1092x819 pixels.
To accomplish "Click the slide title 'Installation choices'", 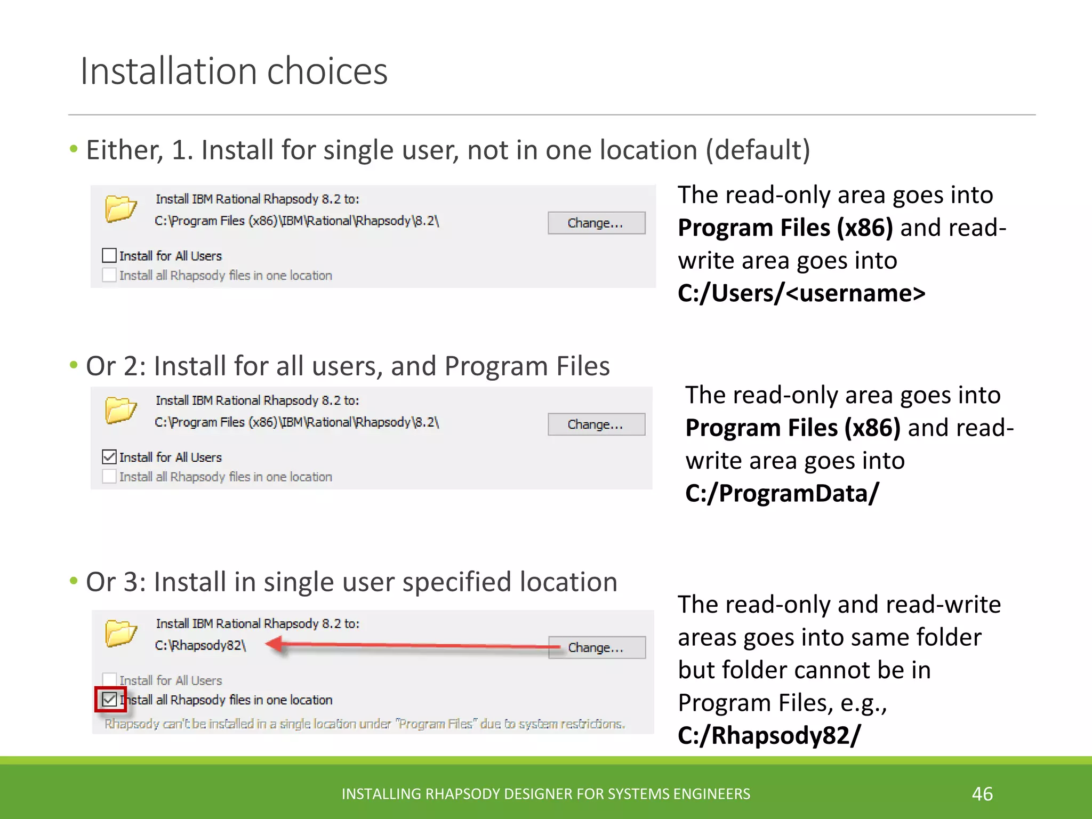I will coord(234,71).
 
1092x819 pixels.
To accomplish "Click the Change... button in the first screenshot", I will coord(596,223).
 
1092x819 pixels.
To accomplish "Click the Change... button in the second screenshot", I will coord(596,424).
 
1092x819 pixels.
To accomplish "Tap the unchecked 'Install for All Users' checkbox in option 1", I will coord(109,255).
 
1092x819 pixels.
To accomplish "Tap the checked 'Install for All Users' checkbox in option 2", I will coord(109,457).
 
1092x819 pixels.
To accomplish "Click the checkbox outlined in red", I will coord(110,699).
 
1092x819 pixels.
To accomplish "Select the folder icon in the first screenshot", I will coord(121,208).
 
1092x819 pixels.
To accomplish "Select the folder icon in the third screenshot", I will coord(121,633).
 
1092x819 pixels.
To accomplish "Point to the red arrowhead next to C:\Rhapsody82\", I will coord(275,645).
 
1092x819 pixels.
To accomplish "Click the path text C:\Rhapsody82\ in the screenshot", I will coord(200,645).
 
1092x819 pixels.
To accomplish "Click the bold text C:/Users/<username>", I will coord(801,293).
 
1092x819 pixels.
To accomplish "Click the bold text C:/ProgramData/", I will coord(782,493).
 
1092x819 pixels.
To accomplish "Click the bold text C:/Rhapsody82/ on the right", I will coord(769,735).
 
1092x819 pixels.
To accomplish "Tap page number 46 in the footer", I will coord(982,794).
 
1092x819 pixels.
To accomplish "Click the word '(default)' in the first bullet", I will coord(758,150).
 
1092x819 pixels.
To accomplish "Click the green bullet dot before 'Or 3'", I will coord(74,581).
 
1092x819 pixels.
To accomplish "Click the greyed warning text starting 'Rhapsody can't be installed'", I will coord(365,724).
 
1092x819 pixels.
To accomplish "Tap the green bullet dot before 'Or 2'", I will coord(74,365).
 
